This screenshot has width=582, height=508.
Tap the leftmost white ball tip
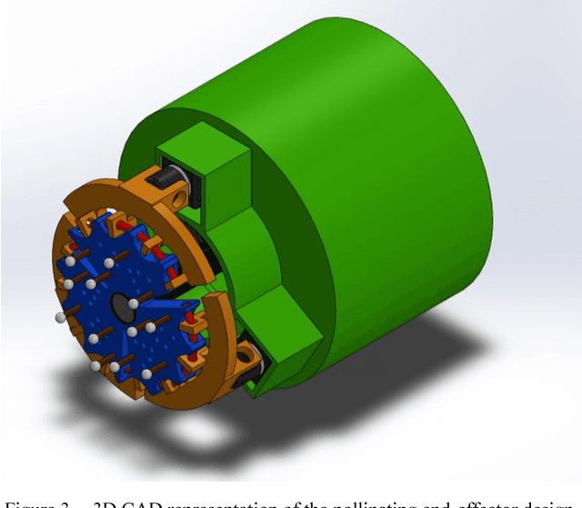pos(61,317)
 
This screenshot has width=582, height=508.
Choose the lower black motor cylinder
pos(254,360)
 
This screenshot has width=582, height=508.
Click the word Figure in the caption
pos(26,499)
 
